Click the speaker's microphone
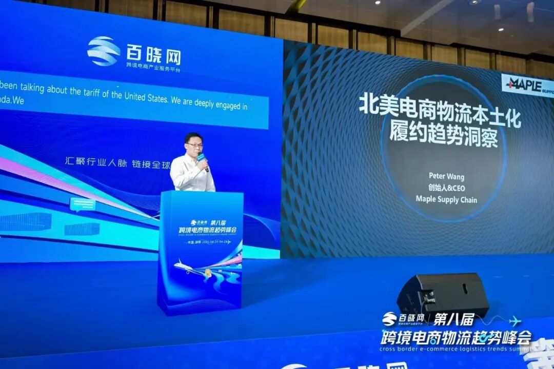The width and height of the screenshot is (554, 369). pos(202,158)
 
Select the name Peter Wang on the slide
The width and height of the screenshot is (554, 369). pos(446,176)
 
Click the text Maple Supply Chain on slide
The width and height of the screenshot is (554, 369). pos(446,199)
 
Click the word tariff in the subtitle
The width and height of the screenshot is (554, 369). pos(81,91)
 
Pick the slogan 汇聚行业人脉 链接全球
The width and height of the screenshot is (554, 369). pos(117,160)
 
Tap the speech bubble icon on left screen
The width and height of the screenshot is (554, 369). pos(82,204)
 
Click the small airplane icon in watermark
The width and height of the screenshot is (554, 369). pos(515,321)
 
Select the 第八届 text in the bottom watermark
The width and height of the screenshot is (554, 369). pos(454,319)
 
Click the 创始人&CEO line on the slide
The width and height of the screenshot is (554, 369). pos(446,188)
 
